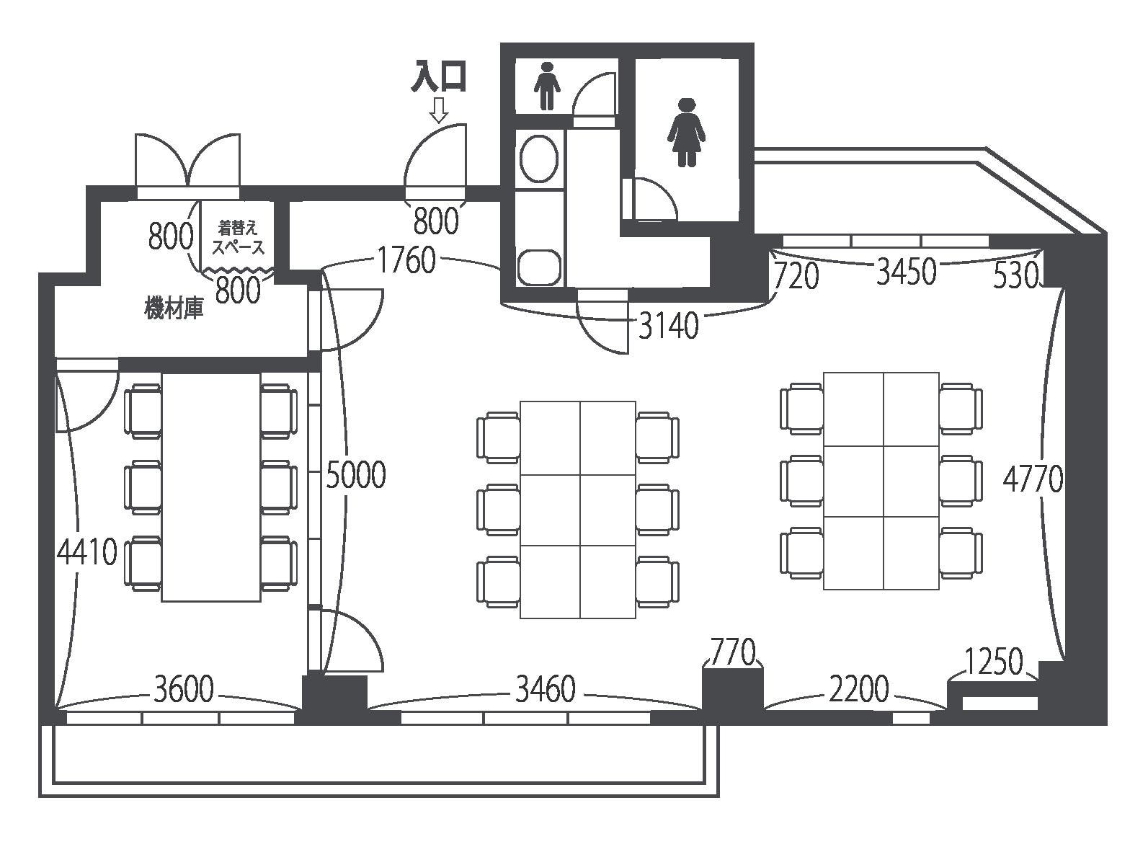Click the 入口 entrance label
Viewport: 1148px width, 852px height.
[440, 76]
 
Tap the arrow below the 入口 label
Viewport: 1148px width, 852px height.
[439, 111]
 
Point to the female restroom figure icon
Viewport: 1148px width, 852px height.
[686, 132]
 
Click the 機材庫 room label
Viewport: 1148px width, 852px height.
[174, 309]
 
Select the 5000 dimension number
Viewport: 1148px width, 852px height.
[355, 474]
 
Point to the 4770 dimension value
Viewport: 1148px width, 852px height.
[1033, 479]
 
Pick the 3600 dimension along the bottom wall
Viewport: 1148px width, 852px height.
[184, 689]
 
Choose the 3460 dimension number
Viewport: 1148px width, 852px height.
[545, 689]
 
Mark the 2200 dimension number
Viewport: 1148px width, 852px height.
[859, 689]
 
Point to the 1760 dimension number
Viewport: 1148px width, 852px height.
[407, 260]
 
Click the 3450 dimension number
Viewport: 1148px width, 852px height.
[907, 272]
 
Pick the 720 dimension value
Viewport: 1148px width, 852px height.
[796, 276]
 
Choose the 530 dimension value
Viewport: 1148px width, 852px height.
[1016, 276]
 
